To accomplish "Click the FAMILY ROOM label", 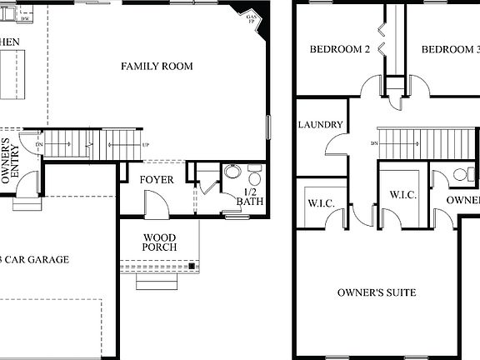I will point(157,66).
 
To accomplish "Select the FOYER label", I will point(156,180).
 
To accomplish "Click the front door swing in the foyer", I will point(157,202).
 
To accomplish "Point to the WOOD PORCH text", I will point(158,242).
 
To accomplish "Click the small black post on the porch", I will point(192,266).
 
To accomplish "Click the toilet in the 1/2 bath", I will point(254,177).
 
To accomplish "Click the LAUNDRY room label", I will point(320,125).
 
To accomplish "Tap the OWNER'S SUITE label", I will point(377,292).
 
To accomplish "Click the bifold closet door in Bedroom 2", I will point(382,38).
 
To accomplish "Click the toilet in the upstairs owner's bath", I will point(458,174).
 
